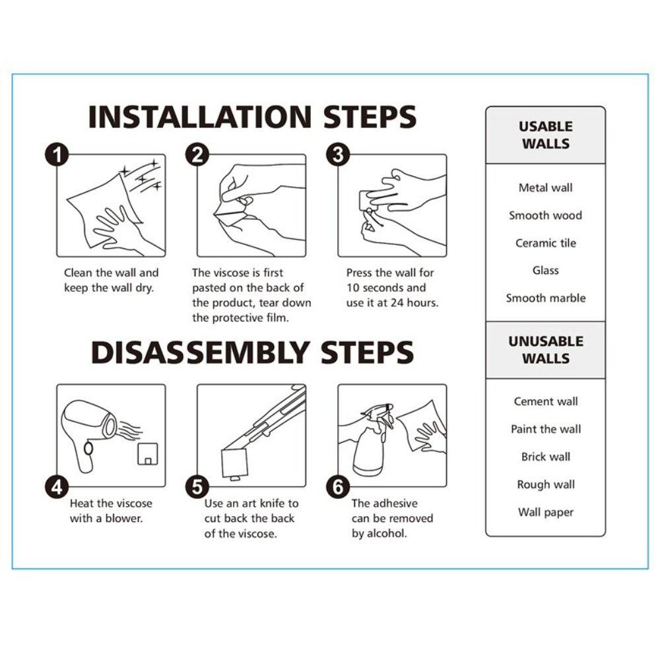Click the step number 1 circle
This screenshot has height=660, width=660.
click(57, 155)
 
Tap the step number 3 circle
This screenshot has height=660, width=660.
click(338, 155)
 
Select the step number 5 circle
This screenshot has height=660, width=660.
click(197, 487)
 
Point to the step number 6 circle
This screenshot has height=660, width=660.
click(338, 487)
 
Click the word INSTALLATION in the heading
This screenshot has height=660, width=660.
click(200, 117)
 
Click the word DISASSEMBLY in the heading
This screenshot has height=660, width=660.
click(201, 352)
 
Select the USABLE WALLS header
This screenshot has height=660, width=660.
click(546, 135)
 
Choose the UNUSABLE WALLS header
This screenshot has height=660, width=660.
click(546, 350)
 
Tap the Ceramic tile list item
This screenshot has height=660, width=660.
click(546, 243)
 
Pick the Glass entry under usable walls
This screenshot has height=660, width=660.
click(546, 270)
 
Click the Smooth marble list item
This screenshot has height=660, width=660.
click(546, 298)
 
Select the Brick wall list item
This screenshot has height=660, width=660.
click(546, 457)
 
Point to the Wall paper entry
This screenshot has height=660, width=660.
click(546, 512)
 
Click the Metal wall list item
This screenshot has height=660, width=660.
click(546, 187)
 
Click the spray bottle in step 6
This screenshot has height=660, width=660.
click(371, 442)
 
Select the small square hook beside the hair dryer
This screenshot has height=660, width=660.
click(148, 454)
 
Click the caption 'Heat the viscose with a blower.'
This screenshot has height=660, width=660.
click(111, 511)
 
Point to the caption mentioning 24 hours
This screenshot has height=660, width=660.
click(392, 288)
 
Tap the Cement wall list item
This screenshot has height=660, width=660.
click(546, 401)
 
